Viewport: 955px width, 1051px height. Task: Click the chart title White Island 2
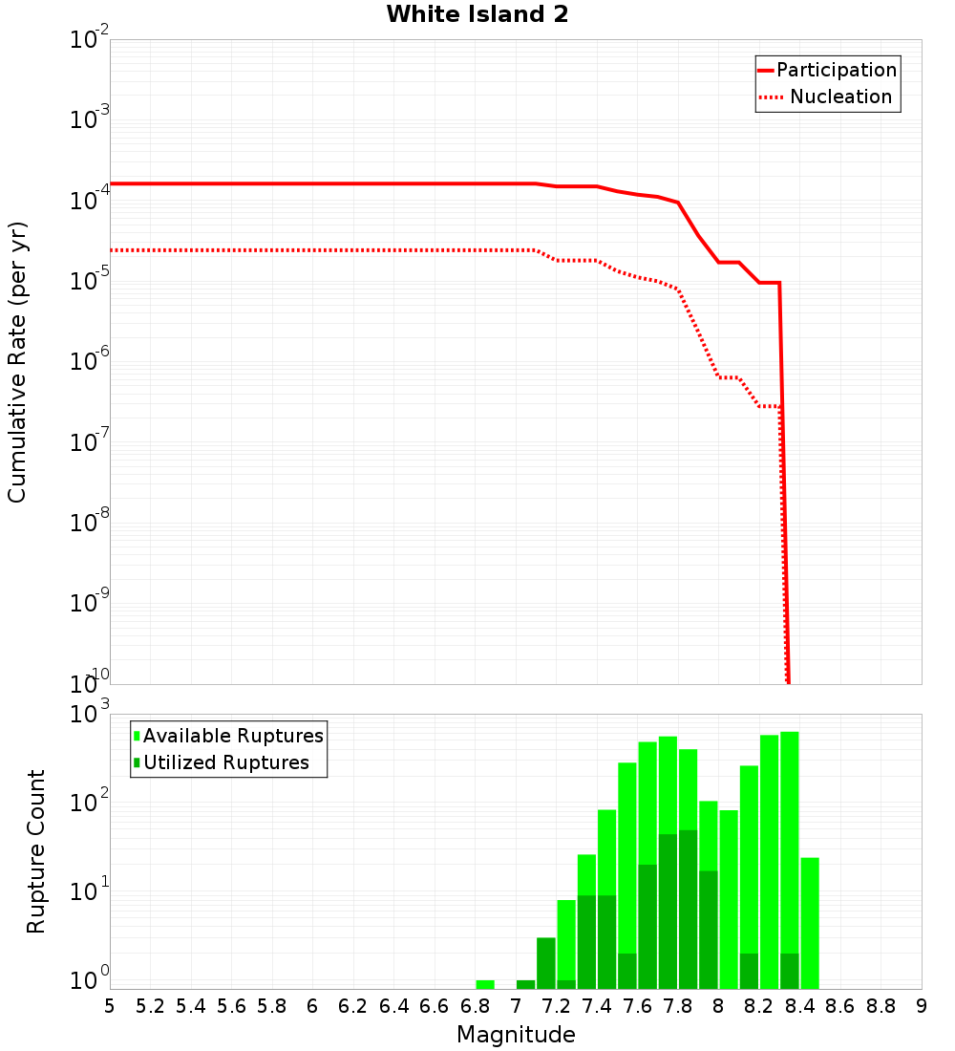click(477, 15)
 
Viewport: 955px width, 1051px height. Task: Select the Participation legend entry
click(827, 71)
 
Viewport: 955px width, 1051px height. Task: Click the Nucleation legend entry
click(827, 97)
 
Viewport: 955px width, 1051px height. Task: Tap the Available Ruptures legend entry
click(229, 736)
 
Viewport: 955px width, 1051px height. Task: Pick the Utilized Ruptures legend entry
click(222, 762)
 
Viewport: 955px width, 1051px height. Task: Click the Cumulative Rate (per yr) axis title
click(17, 362)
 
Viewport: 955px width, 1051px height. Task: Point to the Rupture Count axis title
click(36, 851)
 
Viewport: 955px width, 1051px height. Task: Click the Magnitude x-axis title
click(516, 1035)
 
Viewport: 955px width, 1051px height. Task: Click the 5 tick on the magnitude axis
click(110, 1006)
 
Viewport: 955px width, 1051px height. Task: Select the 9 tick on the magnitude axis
click(922, 1006)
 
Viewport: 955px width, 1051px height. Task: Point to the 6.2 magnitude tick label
click(353, 1006)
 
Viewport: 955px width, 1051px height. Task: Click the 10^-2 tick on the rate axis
click(90, 41)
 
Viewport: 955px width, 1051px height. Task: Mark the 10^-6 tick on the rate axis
click(90, 362)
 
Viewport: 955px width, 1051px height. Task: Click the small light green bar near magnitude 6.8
click(485, 984)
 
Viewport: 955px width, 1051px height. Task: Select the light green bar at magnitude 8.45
click(810, 923)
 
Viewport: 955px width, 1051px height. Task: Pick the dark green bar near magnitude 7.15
click(546, 963)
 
